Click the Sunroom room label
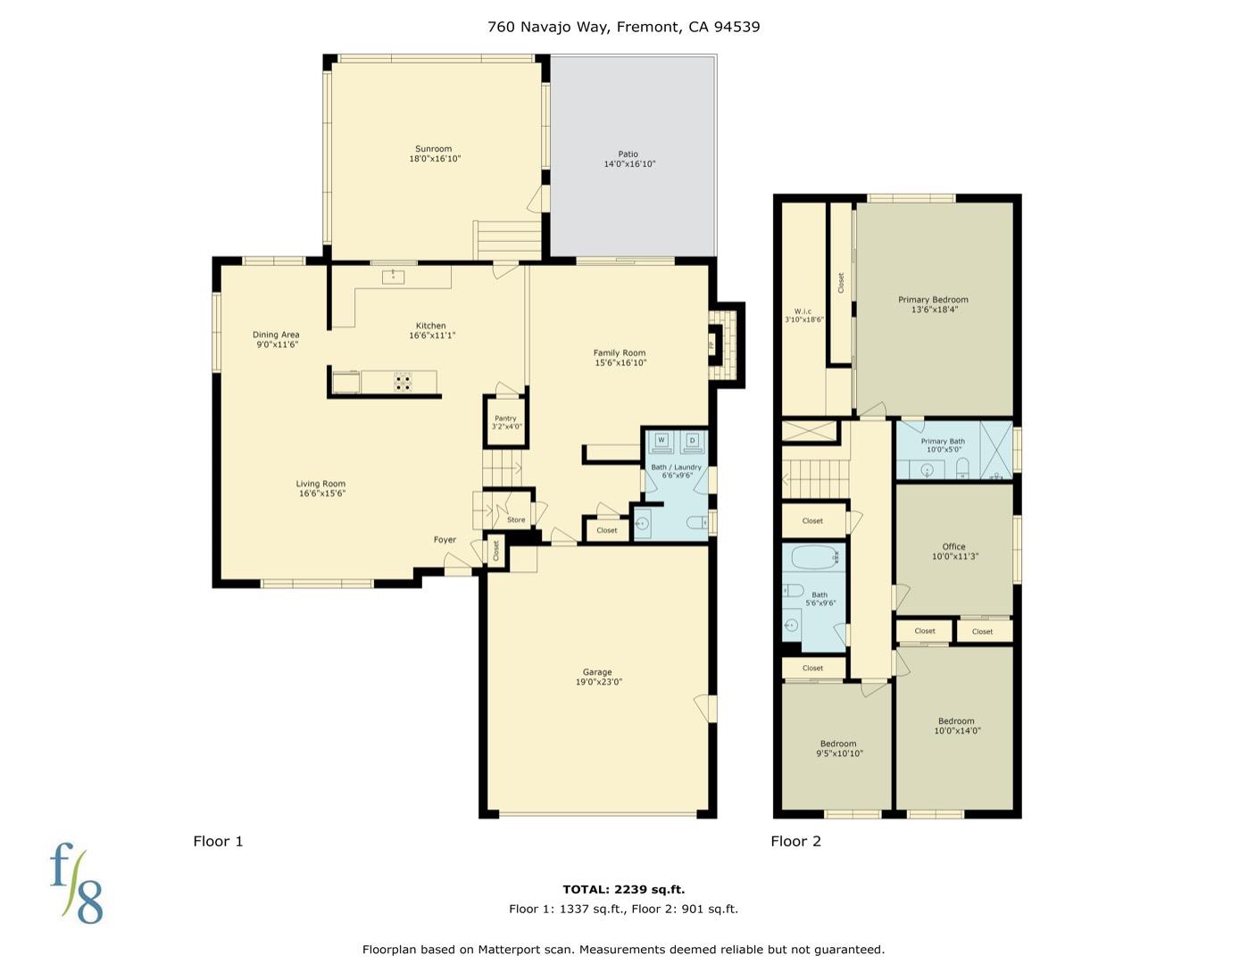[434, 149]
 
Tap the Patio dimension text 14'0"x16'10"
[629, 164]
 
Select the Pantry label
[505, 419]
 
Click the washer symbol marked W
[661, 441]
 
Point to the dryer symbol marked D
[692, 441]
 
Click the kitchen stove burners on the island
[404, 382]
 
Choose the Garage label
[597, 672]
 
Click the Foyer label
[445, 540]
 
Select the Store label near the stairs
[516, 519]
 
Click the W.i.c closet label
[803, 312]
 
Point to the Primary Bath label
[943, 442]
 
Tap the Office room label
[953, 546]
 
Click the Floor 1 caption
[218, 842]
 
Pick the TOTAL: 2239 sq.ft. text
[624, 889]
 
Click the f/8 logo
[77, 883]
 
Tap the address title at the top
[624, 27]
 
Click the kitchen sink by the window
[393, 278]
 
